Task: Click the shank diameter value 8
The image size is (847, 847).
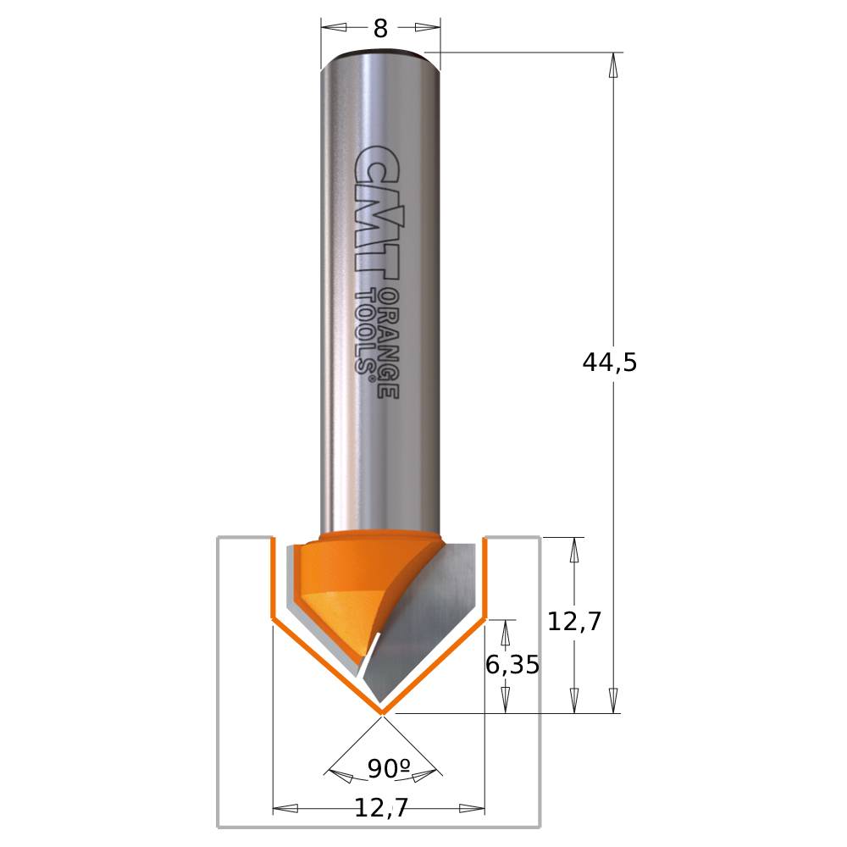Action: click(380, 29)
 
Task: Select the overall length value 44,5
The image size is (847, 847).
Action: click(609, 363)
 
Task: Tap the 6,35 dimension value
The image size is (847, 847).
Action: click(512, 666)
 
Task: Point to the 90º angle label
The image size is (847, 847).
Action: click(388, 769)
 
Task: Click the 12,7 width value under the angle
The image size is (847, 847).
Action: click(380, 809)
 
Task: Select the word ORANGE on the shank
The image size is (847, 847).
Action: click(387, 342)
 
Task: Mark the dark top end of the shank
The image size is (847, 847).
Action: click(380, 56)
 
